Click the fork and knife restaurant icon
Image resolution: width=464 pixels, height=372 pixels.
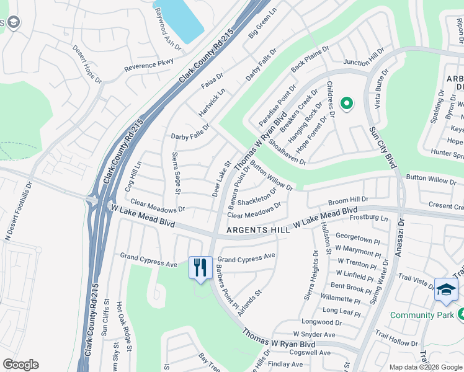coord(200,268)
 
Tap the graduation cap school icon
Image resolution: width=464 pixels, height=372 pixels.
coord(446,290)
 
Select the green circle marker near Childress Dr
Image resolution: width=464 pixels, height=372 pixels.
coord(346,104)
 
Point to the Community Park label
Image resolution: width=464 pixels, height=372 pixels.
coord(421,316)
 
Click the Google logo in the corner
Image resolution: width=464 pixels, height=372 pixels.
coord(20,365)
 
